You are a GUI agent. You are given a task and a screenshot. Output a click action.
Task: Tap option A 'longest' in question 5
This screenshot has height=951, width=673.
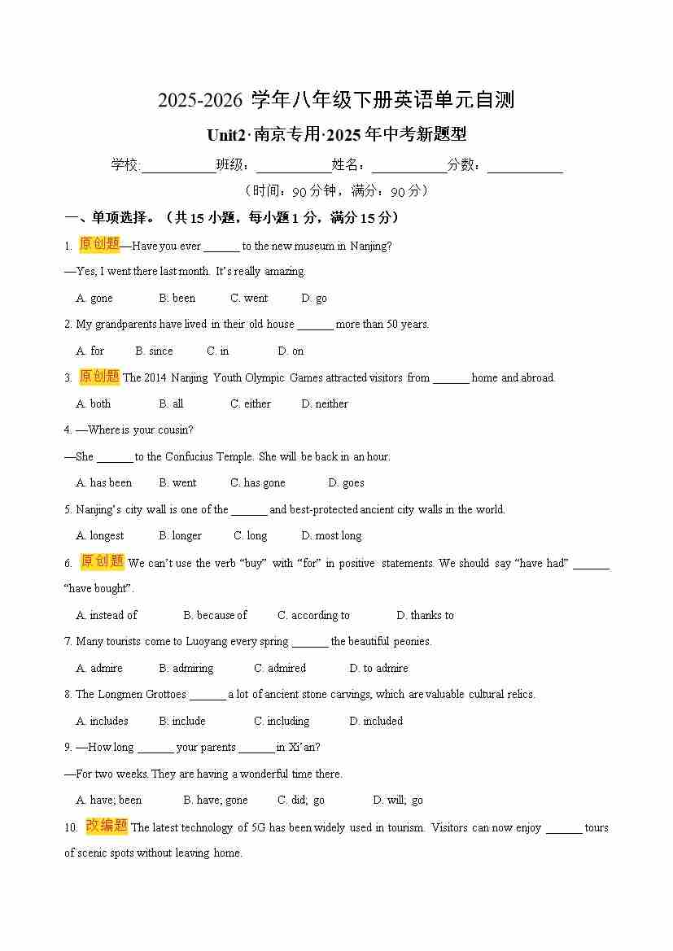100,536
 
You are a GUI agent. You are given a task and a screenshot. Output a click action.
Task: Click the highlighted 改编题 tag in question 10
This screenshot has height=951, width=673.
107,827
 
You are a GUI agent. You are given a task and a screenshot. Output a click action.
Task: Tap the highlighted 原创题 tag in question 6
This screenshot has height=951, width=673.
102,562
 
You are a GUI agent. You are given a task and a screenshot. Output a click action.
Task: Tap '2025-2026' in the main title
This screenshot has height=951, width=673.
200,101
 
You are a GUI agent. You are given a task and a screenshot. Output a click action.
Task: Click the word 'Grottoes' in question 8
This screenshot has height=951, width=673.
166,695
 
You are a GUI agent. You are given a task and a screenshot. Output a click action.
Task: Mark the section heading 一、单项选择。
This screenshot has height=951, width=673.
111,218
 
